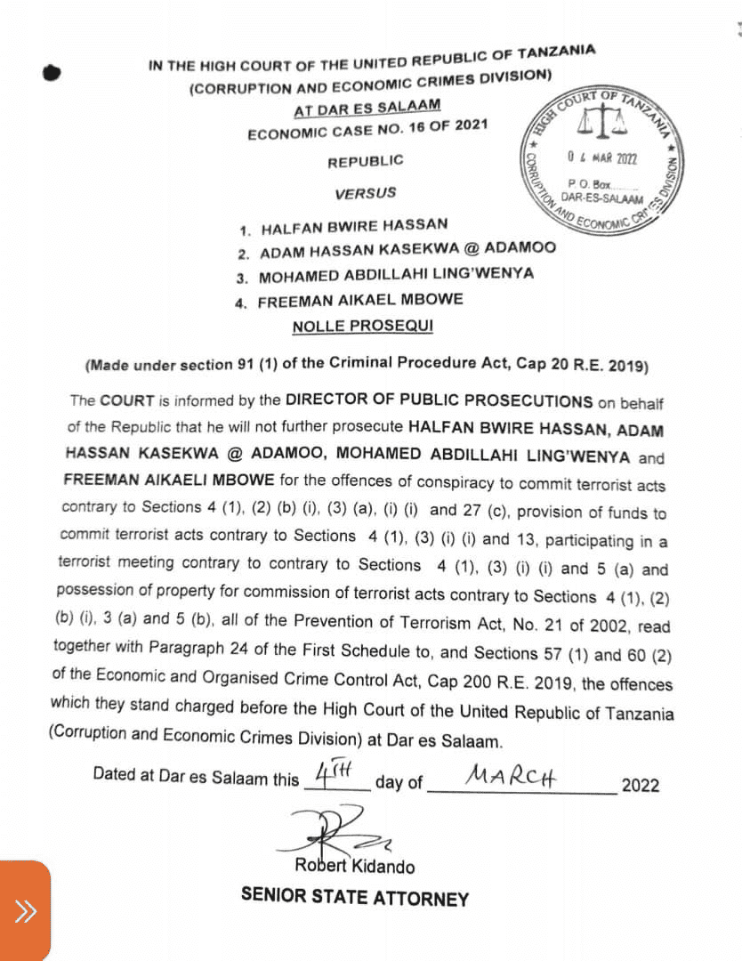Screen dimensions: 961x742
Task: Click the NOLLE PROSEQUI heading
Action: [x=363, y=326]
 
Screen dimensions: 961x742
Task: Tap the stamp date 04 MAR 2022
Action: [x=602, y=157]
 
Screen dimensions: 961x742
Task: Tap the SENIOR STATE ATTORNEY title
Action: [x=354, y=897]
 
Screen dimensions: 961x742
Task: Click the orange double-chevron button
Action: [x=24, y=910]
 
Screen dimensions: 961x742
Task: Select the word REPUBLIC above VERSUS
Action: [x=365, y=161]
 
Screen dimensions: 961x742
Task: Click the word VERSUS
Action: [x=366, y=193]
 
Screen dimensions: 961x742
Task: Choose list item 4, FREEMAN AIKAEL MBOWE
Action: [x=360, y=301]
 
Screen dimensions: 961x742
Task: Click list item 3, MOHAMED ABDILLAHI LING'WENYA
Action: [x=396, y=275]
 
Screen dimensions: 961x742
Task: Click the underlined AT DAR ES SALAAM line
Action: [x=367, y=109]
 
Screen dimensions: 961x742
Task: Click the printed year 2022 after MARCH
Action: [x=641, y=785]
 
